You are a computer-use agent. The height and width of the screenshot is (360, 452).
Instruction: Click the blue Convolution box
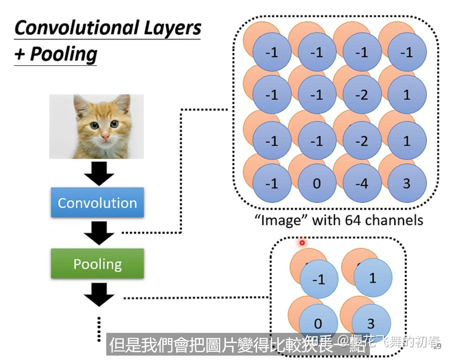tap(97, 203)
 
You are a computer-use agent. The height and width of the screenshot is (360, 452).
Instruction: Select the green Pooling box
tap(97, 264)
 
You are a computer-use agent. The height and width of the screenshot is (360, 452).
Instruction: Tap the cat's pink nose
tap(106, 136)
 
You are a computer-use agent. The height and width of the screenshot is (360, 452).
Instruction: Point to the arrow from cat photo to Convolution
tap(99, 173)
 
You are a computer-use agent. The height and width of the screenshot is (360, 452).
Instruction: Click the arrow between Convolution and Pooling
tap(99, 233)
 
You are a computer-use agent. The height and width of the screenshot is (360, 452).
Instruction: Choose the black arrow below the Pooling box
tap(99, 294)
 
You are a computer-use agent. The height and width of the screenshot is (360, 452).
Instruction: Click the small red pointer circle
tap(302, 243)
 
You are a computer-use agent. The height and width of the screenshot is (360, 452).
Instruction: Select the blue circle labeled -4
tap(362, 184)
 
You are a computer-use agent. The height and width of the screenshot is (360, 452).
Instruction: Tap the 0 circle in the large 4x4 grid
tap(317, 184)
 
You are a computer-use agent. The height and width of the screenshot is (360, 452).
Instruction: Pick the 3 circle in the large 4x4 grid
tap(407, 184)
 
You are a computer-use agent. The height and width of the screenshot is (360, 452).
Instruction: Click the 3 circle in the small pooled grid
tap(371, 323)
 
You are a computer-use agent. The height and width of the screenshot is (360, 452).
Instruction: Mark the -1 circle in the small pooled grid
tap(319, 279)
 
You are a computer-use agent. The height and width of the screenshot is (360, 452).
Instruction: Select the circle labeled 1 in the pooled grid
tap(373, 278)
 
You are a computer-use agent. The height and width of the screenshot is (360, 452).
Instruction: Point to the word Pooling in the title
tap(63, 54)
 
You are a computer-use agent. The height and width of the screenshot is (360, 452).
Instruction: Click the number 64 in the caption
tap(353, 220)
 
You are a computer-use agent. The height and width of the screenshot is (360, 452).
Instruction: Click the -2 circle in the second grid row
tap(362, 95)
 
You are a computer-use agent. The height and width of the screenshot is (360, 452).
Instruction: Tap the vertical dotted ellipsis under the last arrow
tap(99, 329)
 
